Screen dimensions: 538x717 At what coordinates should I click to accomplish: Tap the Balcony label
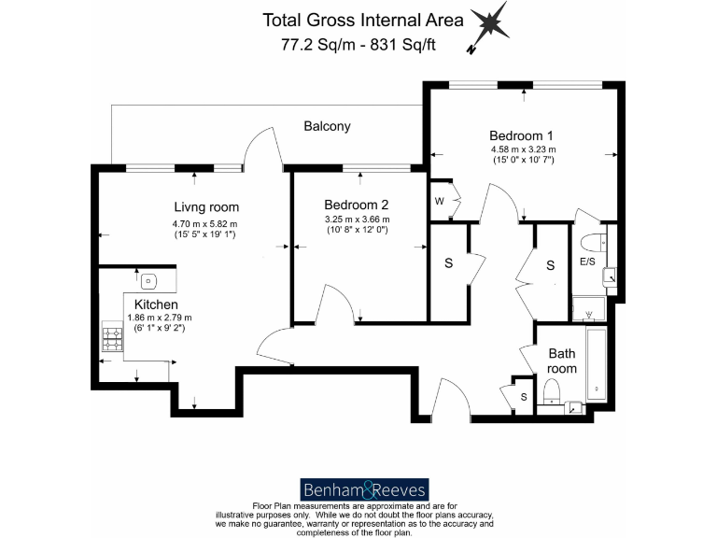(x=327, y=126)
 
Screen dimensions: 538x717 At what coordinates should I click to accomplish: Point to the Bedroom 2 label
(x=356, y=205)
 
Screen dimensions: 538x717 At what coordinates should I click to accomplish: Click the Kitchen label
(x=156, y=304)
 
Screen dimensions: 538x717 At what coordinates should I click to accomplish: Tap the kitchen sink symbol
(x=148, y=279)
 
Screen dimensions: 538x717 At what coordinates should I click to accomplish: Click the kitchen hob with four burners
(x=112, y=343)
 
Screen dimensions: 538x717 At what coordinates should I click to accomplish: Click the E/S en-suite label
(x=588, y=262)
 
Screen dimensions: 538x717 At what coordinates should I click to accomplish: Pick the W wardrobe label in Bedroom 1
(x=439, y=201)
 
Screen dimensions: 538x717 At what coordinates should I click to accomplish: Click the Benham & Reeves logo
(x=364, y=489)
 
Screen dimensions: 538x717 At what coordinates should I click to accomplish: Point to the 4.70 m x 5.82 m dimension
(x=204, y=223)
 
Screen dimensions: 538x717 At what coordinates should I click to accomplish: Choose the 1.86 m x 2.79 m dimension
(x=159, y=318)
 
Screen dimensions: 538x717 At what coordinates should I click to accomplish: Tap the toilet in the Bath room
(x=552, y=390)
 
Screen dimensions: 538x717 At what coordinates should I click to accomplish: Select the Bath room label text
(x=562, y=361)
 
